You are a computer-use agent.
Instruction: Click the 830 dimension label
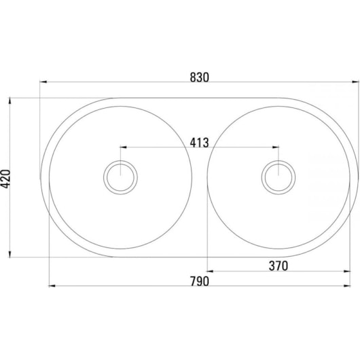(200, 77)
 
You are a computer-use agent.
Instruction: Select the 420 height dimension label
(5, 179)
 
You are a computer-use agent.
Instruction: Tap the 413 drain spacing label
(199, 143)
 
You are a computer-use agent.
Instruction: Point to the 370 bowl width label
(278, 266)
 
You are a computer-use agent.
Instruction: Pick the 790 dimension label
(200, 281)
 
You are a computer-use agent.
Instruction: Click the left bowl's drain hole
(120, 177)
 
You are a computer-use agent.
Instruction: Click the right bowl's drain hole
(278, 177)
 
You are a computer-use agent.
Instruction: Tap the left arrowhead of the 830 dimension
(43, 82)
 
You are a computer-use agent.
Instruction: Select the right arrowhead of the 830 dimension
(355, 82)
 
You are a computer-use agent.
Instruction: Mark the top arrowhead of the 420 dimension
(10, 101)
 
